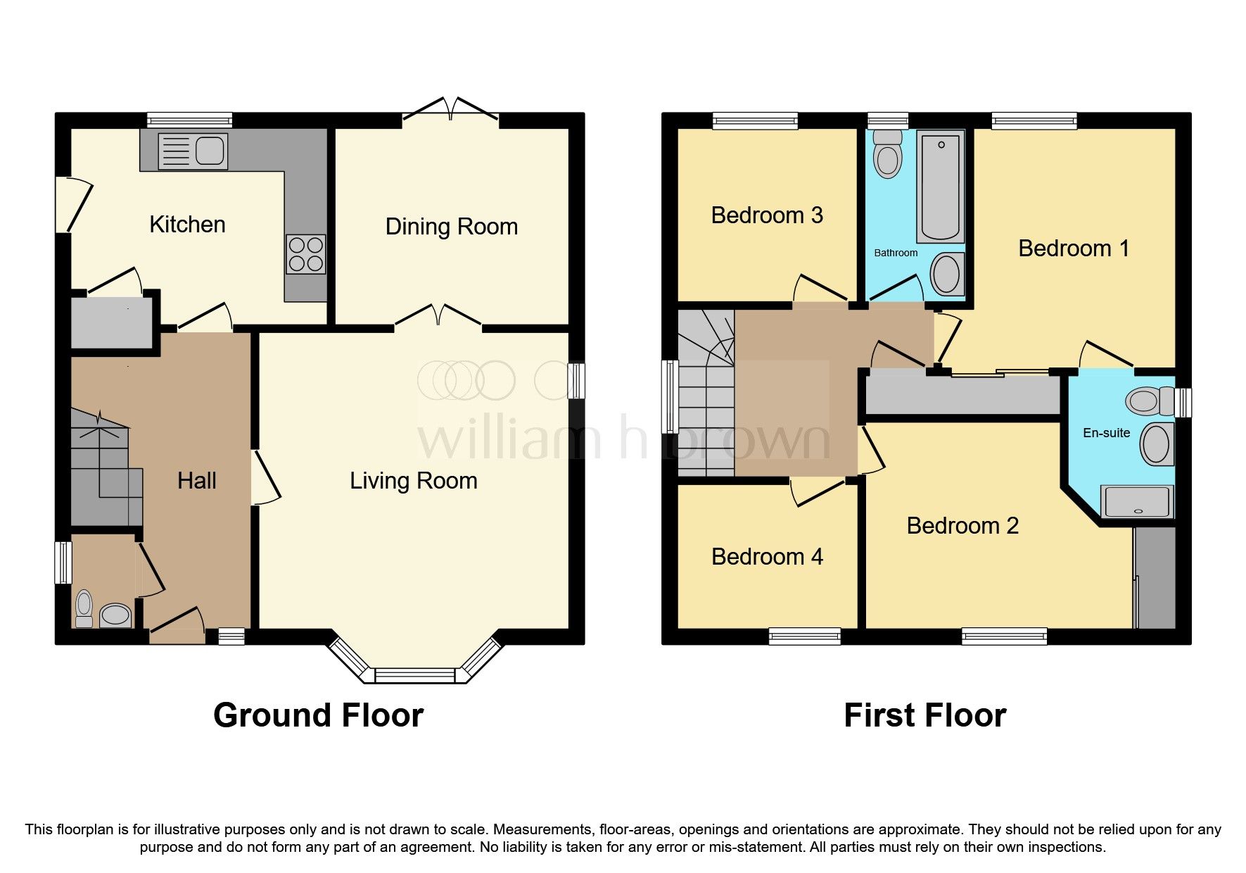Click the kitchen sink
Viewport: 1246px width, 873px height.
193,151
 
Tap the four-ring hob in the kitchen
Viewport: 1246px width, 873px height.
305,254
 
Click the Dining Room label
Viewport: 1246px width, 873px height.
451,227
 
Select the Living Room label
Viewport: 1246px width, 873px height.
413,481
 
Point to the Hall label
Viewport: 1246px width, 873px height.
196,481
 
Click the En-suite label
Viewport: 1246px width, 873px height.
1106,433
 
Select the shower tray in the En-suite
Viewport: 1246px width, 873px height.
1137,502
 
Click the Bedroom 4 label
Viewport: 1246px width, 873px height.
767,557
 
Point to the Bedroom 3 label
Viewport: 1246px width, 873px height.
767,215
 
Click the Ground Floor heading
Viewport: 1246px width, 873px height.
318,715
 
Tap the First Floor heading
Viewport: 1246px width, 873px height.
924,715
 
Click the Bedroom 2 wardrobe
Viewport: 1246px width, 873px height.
1155,577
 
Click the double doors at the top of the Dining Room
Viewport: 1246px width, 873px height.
451,109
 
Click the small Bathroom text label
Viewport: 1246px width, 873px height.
896,253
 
